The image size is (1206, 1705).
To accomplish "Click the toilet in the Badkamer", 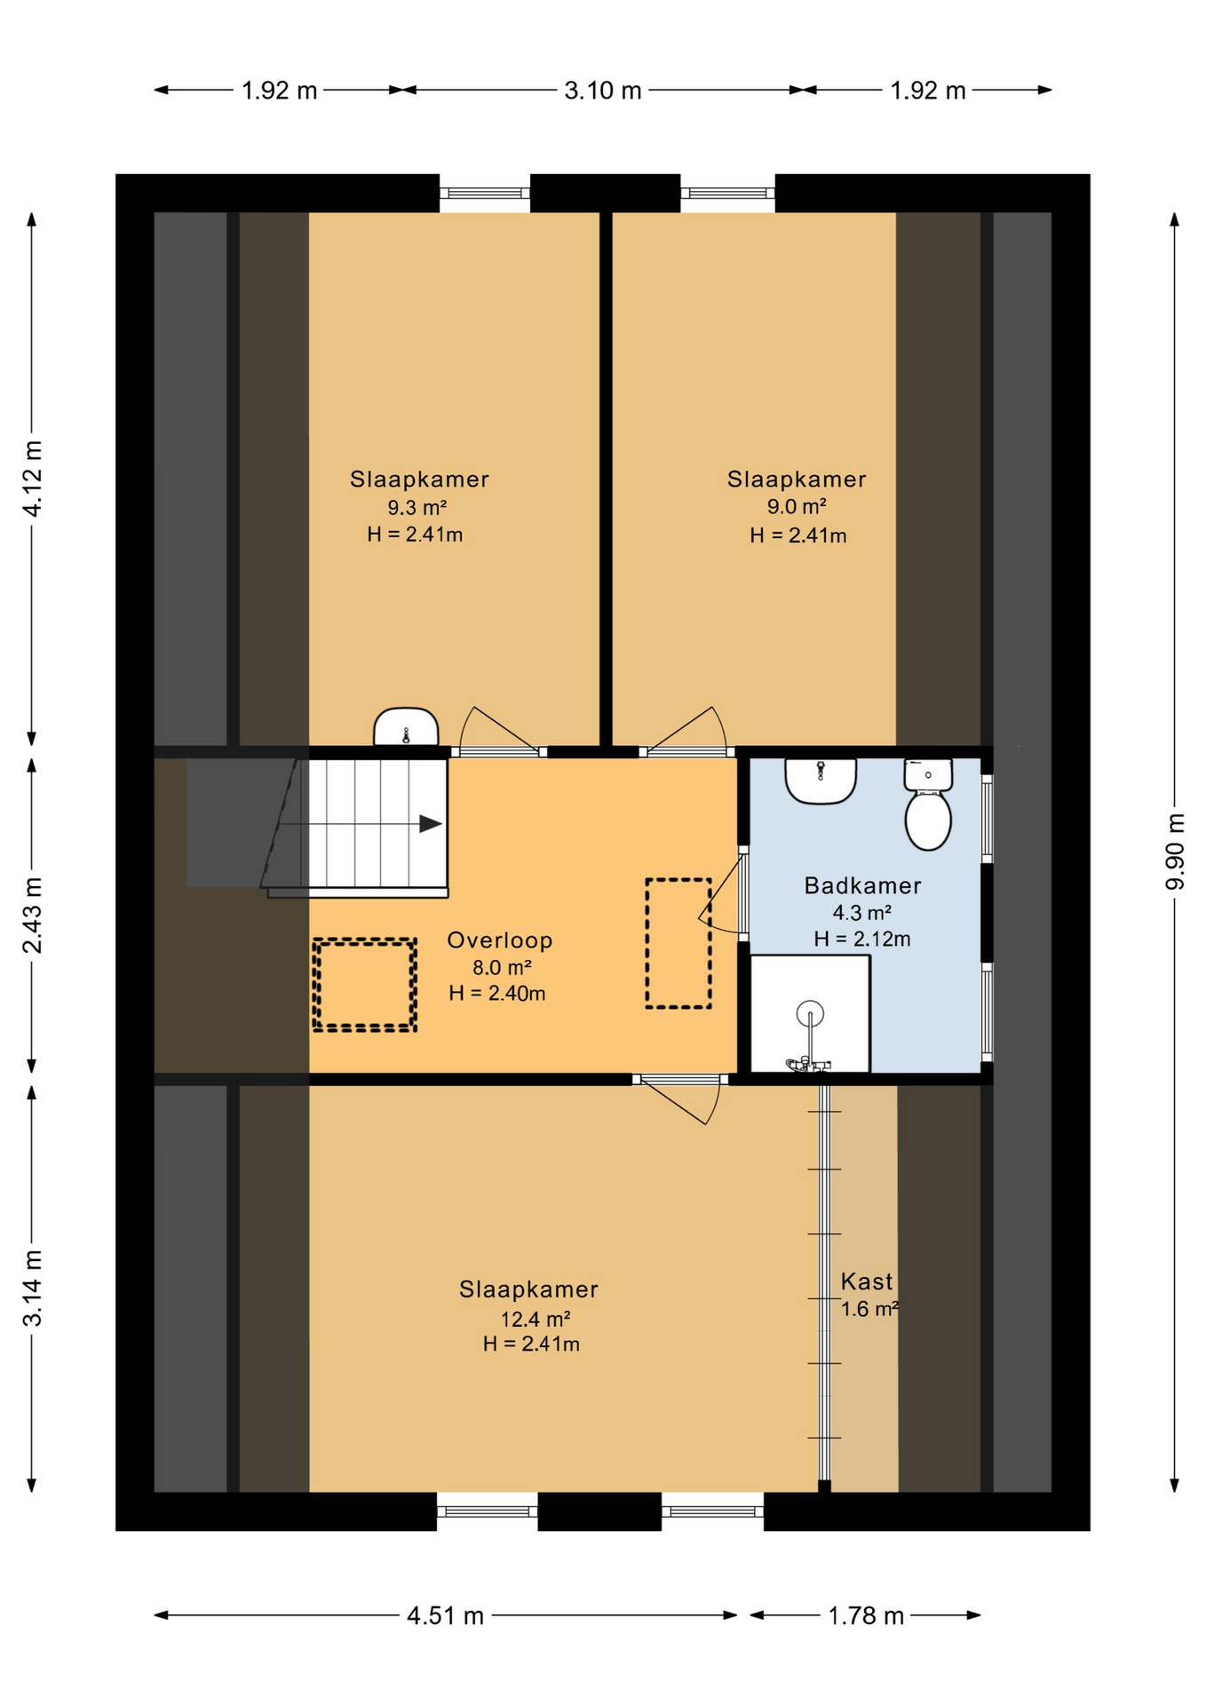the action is (928, 805).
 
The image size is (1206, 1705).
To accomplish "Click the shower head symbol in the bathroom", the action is (810, 1012).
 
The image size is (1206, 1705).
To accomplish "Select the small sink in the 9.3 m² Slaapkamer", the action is (406, 726).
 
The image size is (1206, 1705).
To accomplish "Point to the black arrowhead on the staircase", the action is (431, 824).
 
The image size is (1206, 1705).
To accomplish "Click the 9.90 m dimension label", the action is (1175, 852).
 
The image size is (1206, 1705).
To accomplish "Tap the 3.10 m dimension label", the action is (603, 91).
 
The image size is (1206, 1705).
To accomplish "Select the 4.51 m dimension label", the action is (445, 1615).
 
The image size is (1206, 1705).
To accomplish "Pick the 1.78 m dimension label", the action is (866, 1615).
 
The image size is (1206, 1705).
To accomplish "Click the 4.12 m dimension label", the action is (33, 478).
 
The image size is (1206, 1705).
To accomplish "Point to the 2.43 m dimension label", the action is (33, 915).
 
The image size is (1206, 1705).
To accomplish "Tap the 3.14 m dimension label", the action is (33, 1288).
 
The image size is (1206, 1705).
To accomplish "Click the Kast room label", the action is (867, 1281).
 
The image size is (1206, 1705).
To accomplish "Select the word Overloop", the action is (500, 940).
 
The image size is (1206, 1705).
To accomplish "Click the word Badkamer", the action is (862, 885).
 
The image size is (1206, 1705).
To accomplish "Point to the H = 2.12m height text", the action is (862, 939).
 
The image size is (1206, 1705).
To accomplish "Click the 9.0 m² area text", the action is (797, 507).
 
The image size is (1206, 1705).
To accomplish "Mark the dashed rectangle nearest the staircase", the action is (365, 985).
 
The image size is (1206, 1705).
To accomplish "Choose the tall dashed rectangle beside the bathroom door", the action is (678, 943).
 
